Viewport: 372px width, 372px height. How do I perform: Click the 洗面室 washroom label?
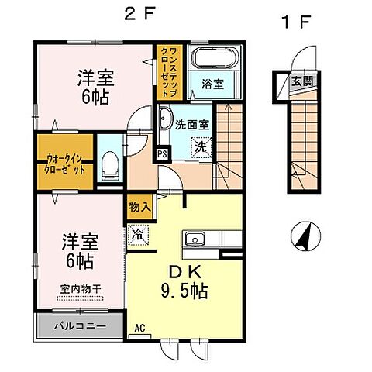click(189, 123)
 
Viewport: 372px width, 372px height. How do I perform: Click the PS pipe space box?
click(162, 153)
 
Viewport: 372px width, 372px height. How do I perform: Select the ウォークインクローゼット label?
click(64, 162)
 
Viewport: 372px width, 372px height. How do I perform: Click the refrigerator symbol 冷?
click(138, 232)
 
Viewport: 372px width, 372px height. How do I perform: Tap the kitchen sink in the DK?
click(195, 239)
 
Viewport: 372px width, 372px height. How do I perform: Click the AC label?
click(139, 329)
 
